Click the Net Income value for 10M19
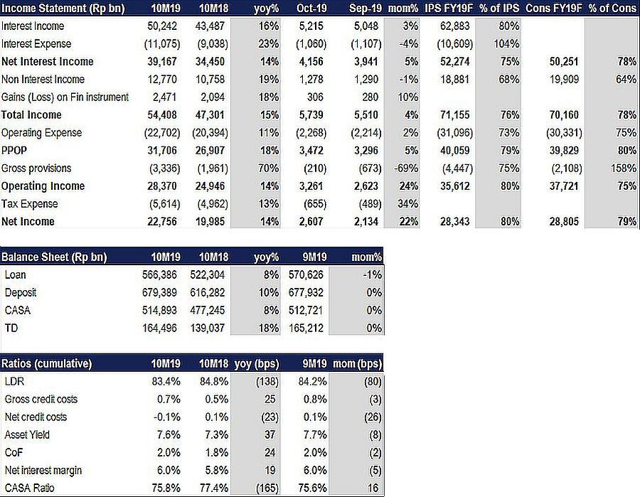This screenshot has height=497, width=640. (x=162, y=222)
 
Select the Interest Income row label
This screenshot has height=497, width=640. (x=33, y=26)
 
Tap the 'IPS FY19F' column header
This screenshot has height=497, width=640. (x=448, y=8)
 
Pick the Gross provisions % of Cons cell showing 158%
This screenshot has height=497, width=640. (x=623, y=168)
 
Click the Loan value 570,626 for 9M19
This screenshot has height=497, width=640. (x=306, y=274)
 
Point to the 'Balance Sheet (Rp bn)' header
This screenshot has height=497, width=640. (x=54, y=257)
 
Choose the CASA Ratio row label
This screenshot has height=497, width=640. (x=29, y=488)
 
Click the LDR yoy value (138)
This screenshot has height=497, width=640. (x=267, y=382)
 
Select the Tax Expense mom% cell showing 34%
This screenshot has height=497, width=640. (x=407, y=203)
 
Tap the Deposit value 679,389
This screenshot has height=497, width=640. (x=159, y=292)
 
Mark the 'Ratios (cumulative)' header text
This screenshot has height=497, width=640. (x=46, y=363)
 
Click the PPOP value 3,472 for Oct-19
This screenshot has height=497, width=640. (x=311, y=151)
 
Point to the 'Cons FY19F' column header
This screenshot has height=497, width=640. (x=553, y=8)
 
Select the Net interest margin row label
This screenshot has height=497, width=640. (x=43, y=471)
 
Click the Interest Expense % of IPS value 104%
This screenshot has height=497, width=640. (x=506, y=43)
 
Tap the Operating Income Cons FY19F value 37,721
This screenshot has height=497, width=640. (x=564, y=186)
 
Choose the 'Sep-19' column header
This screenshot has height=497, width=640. (x=366, y=8)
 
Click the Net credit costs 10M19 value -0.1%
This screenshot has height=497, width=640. (x=167, y=417)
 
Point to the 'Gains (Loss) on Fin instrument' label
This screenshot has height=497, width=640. (x=65, y=97)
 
